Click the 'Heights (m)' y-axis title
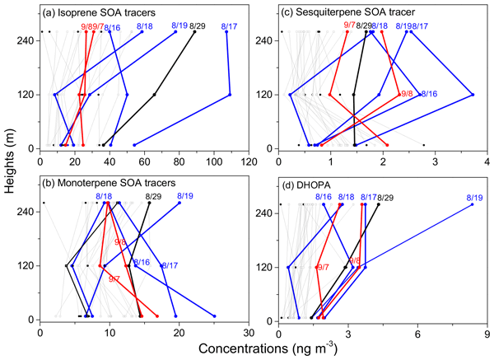click(10, 175)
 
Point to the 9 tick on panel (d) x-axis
click(487, 333)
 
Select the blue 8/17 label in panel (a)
click(231, 26)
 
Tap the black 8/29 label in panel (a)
click(198, 26)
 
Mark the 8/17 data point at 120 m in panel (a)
click(230, 95)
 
